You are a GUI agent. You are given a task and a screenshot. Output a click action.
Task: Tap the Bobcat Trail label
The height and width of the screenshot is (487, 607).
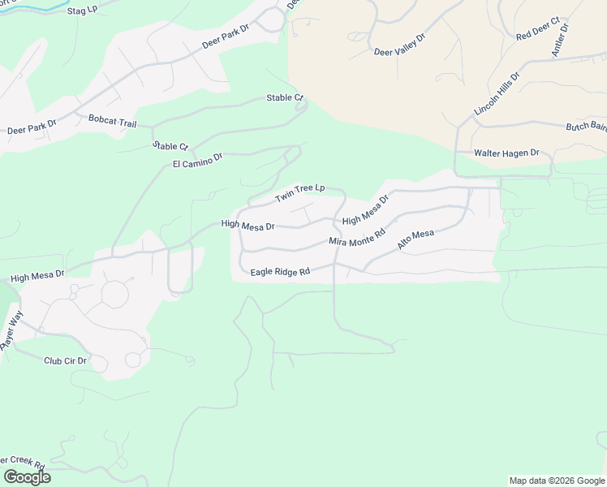tap(113, 121)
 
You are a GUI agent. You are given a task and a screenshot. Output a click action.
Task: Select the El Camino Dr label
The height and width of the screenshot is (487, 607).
tap(197, 161)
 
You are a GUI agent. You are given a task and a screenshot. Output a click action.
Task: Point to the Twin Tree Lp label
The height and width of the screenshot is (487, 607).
tap(299, 193)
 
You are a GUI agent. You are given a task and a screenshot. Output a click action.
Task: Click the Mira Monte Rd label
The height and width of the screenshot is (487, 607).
tap(356, 236)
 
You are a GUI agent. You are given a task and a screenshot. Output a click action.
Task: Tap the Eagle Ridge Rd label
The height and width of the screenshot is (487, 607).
tap(281, 272)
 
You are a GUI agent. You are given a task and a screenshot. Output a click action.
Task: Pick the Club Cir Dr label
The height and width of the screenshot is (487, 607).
tap(65, 360)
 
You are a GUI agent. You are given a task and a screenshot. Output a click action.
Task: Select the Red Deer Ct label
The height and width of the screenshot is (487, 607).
tap(539, 32)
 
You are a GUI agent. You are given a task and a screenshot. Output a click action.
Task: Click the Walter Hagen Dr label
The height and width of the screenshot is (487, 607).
tap(507, 153)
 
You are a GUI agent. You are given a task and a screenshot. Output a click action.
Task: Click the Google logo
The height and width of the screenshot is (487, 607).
tap(27, 477)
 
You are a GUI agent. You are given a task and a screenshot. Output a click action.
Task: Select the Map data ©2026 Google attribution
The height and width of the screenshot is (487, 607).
tap(556, 481)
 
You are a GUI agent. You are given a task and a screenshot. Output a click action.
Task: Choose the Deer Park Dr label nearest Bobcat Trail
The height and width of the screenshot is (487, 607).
tap(32, 127)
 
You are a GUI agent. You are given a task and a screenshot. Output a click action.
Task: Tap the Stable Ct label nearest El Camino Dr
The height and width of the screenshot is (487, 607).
tap(170, 146)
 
